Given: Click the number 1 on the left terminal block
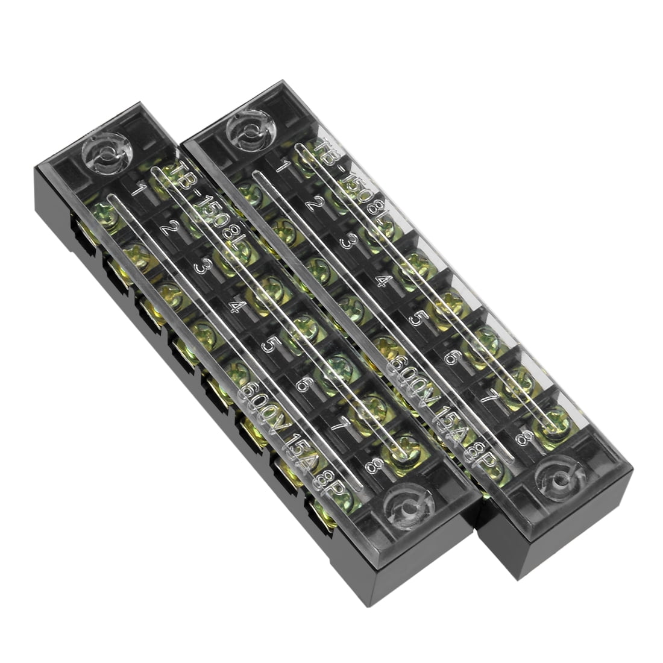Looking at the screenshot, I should [x=138, y=192].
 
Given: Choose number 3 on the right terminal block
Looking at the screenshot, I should [x=347, y=240].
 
